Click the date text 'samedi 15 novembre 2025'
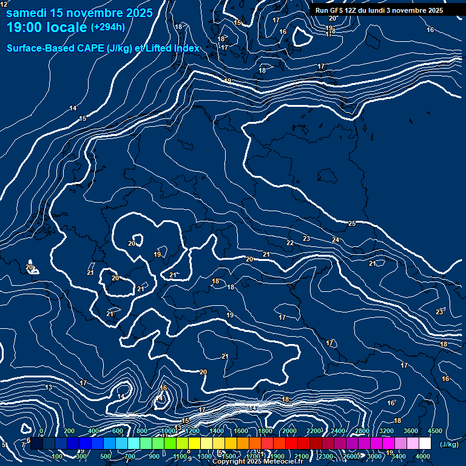click(79, 13)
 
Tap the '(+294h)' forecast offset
click(108, 27)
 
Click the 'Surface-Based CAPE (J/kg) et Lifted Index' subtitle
click(103, 48)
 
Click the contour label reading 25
click(352, 224)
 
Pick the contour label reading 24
click(336, 240)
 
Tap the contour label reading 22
click(290, 243)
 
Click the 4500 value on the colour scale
click(435, 431)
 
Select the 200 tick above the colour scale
click(69, 431)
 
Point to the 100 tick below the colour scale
click(57, 456)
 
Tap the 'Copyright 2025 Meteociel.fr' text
click(257, 462)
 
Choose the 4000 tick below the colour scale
click(423, 456)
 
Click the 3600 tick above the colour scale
click(411, 431)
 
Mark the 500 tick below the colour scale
click(106, 456)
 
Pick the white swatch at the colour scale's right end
click(425, 444)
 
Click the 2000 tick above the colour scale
click(289, 431)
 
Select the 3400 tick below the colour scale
click(399, 456)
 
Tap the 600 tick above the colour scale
click(118, 431)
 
